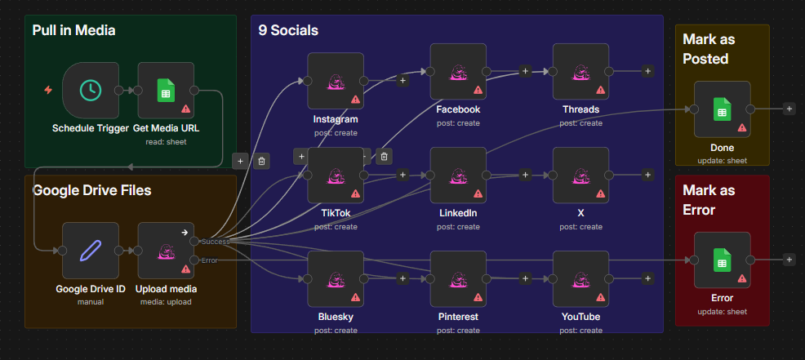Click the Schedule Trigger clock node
tap(91, 91)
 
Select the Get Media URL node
tap(166, 91)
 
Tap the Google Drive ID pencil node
tap(91, 251)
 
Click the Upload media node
tap(166, 251)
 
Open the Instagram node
tap(336, 81)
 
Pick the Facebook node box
tap(458, 71)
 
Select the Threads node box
tap(580, 71)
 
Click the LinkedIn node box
tap(458, 176)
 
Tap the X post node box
tap(580, 176)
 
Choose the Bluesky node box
tap(336, 279)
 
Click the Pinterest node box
tap(458, 279)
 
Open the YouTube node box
tap(580, 279)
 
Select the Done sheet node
tap(723, 109)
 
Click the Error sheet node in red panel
tap(723, 260)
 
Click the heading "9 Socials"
tap(288, 30)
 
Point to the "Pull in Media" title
tap(74, 30)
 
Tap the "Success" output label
tap(216, 242)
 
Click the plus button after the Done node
tap(789, 109)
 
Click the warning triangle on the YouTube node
tap(601, 297)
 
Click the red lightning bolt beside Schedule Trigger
tap(48, 91)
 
